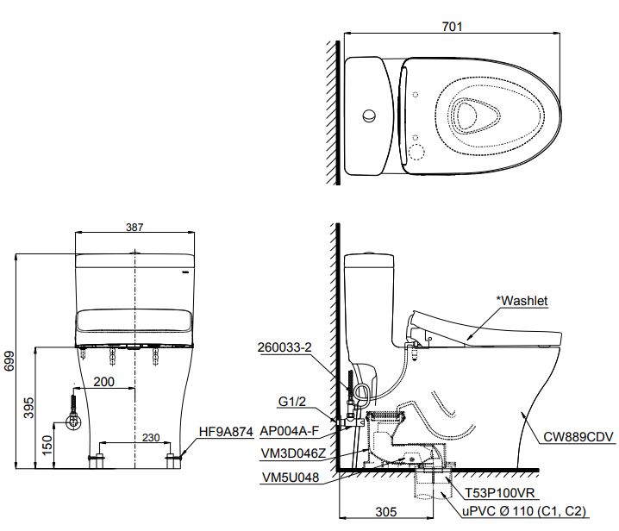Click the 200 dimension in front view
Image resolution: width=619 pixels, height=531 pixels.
click(103, 381)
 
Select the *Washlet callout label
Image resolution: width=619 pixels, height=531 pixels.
click(522, 300)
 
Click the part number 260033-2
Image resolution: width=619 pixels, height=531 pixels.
click(286, 348)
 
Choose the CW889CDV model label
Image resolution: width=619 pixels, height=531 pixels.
click(578, 438)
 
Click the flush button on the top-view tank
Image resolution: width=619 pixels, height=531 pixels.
click(369, 116)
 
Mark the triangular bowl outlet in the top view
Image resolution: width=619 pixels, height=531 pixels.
click(473, 115)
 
